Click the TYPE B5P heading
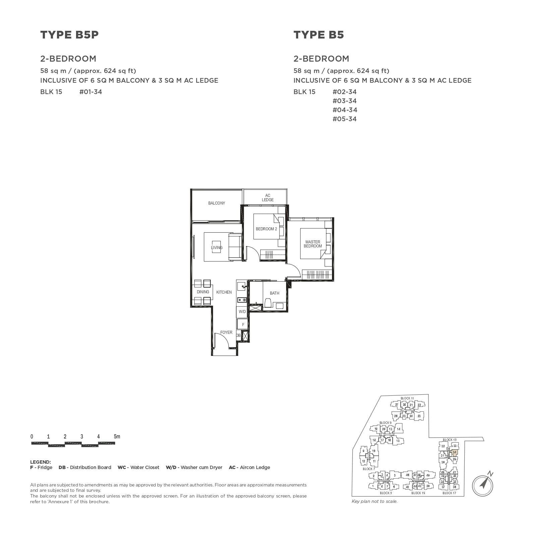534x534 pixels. pos(69,35)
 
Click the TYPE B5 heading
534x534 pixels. pos(319,35)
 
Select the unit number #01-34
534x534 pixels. pos(90,92)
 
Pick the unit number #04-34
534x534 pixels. pos(344,110)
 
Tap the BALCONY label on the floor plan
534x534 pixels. pos(216,203)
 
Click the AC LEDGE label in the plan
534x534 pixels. pos(267,198)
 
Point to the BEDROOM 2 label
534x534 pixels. pos(266,229)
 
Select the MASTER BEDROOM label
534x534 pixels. pos(313,244)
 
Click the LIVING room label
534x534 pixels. pos(216,248)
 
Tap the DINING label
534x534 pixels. pos(203,292)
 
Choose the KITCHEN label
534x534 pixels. pos(224,292)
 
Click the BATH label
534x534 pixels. pos(274,293)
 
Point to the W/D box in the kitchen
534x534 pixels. pos(242,312)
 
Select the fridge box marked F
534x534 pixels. pos(243,324)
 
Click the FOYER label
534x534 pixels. pos(226,332)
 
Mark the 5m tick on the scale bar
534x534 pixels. pos(117,437)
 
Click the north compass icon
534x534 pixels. pos(482,484)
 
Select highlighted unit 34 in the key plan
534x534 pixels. pos(454,452)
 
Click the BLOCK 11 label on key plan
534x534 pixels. pos(407,398)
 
